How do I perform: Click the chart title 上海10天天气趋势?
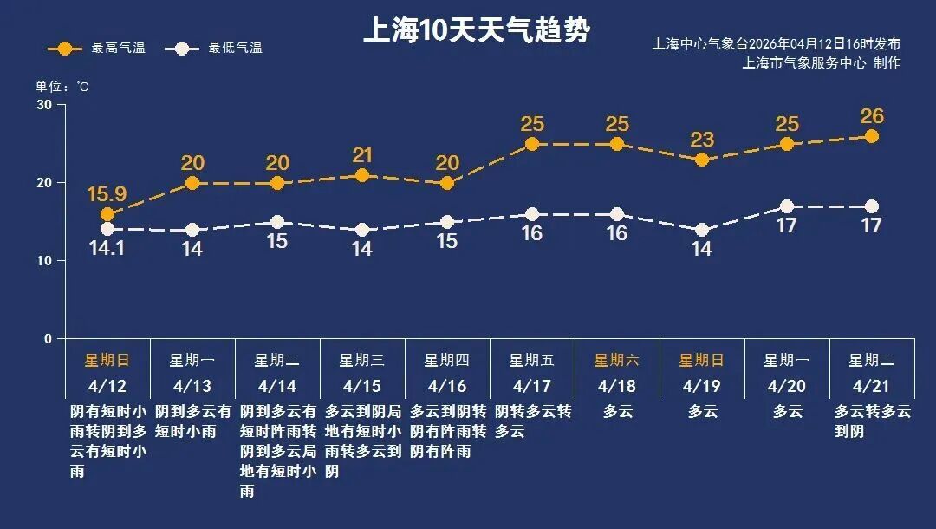476,31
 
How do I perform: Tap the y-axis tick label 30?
43,105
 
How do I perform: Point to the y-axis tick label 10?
43,261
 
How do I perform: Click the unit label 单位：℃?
62,86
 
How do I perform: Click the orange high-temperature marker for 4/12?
107,214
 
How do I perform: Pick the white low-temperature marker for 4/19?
702,230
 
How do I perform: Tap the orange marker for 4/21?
872,136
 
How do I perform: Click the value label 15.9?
107,195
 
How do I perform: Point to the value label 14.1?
107,248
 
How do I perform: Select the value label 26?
872,116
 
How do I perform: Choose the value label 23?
702,140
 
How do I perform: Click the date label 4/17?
531,385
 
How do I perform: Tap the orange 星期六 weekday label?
616,360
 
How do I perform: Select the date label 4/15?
361,385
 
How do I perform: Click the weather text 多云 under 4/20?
787,411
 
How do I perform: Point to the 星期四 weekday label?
446,360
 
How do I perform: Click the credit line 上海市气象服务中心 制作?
821,62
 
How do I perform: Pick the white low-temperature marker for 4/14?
276,222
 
